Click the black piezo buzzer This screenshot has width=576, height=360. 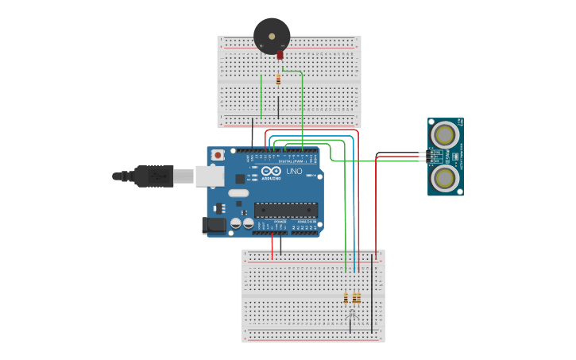click(272, 36)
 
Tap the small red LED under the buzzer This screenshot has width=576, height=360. click(280, 56)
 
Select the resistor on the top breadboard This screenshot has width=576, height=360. click(278, 79)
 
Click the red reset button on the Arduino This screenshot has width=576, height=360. click(217, 155)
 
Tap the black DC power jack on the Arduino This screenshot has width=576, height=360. click(214, 226)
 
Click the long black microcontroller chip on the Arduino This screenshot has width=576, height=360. click(286, 210)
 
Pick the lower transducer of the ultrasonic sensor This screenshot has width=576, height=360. click(445, 178)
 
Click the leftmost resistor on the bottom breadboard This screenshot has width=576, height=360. click(346, 298)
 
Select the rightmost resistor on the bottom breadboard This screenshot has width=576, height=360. click(358, 298)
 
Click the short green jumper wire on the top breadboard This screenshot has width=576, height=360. click(261, 97)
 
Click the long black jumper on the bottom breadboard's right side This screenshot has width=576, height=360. click(372, 294)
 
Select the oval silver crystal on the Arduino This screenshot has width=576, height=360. click(238, 193)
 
